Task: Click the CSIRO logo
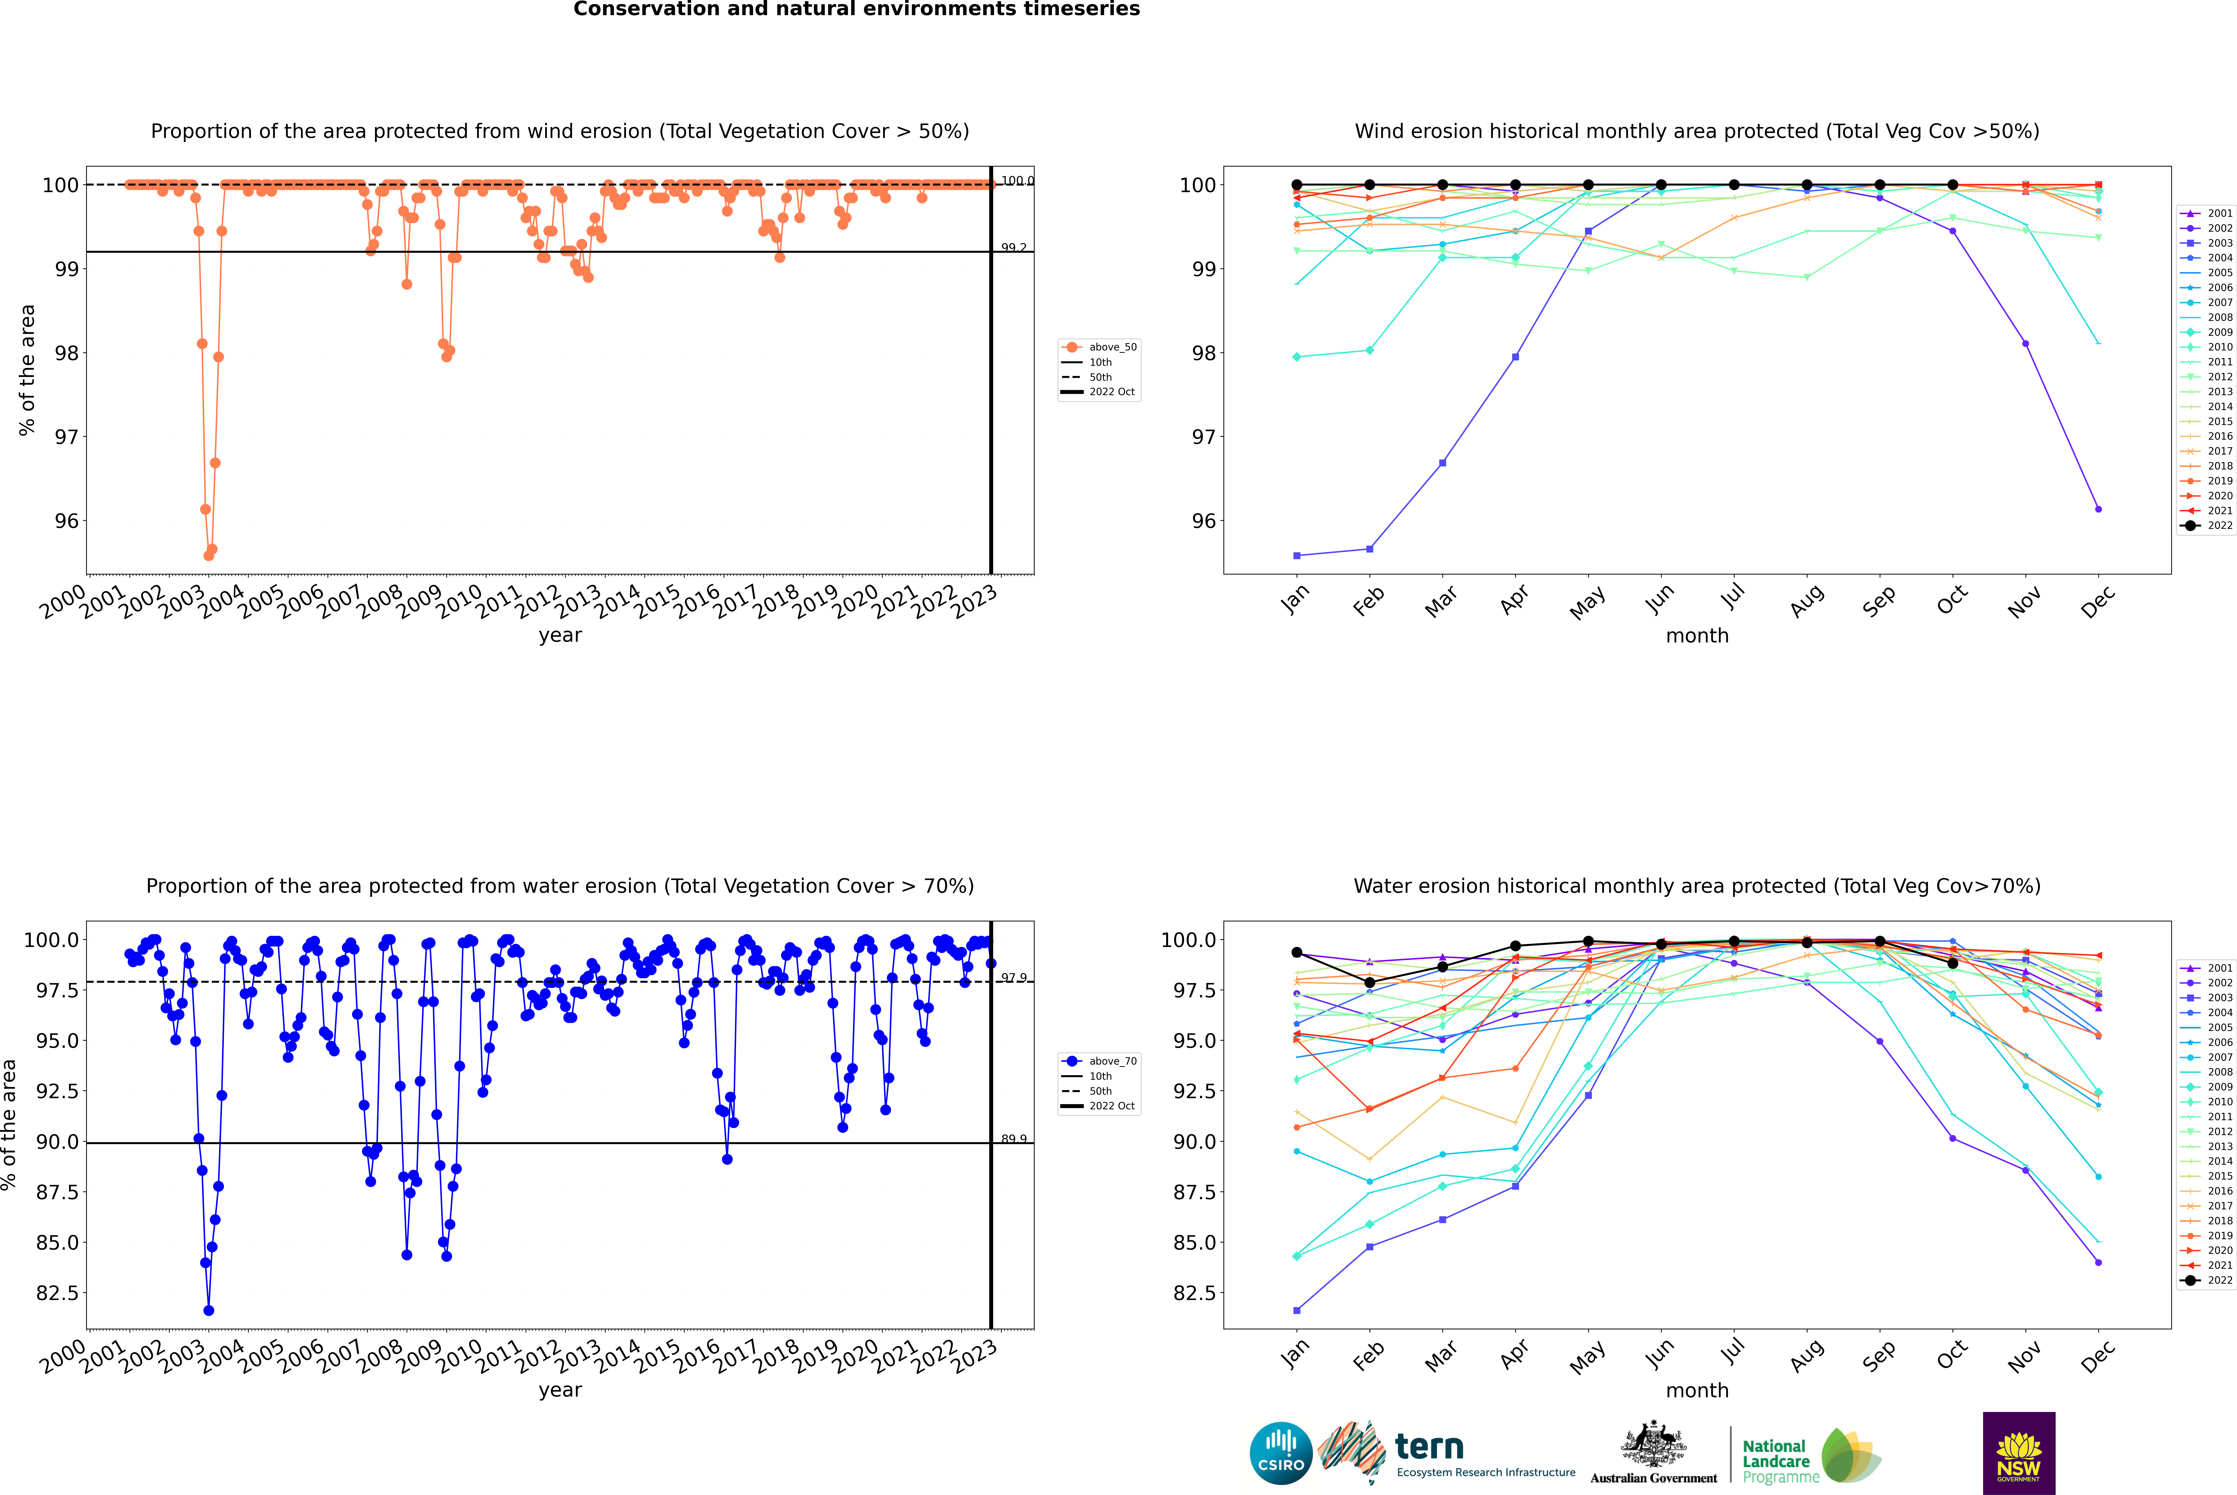click(x=1281, y=1453)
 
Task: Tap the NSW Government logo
click(x=2019, y=1453)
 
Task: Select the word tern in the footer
click(x=1428, y=1446)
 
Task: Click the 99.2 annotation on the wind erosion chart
click(x=1014, y=248)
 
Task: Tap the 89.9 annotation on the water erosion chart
click(x=1014, y=1139)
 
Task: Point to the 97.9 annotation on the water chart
click(x=1014, y=978)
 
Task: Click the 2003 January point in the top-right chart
click(x=1297, y=555)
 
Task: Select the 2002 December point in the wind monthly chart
click(x=2098, y=509)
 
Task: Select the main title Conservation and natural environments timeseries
click(x=856, y=9)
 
